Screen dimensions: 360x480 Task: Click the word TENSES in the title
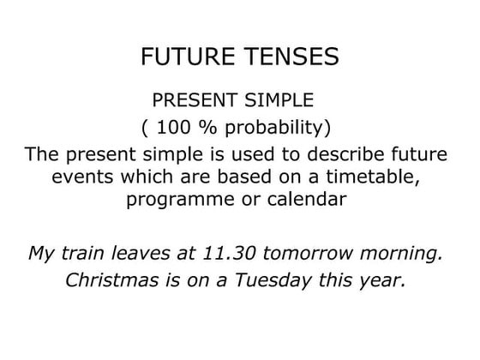coord(289,57)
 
